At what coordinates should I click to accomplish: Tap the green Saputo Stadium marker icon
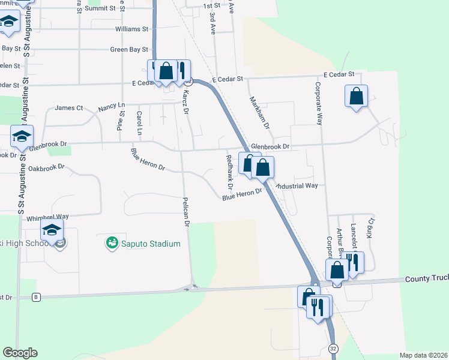tap(111, 243)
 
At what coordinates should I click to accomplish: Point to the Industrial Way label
tap(297, 186)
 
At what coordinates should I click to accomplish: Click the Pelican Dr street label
tap(186, 211)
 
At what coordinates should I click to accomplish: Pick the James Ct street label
tap(68, 108)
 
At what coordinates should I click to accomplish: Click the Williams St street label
tap(132, 29)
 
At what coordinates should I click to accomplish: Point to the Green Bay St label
tap(129, 50)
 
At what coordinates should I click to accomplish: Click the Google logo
tap(20, 353)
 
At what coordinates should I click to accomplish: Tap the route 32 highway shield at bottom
tap(333, 348)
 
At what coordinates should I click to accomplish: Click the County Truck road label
tap(426, 279)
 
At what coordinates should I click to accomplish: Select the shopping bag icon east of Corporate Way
tap(356, 96)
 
